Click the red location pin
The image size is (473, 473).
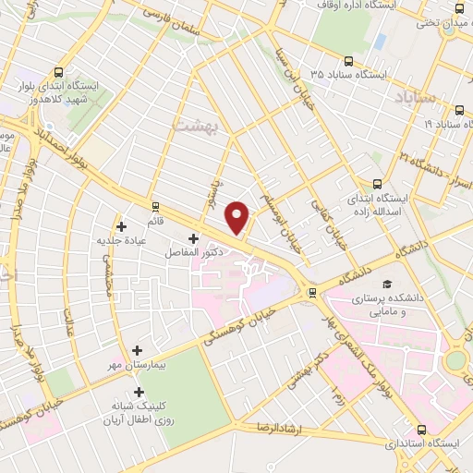(238, 218)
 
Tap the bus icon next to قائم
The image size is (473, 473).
(154, 207)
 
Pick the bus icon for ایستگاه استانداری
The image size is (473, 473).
(422, 430)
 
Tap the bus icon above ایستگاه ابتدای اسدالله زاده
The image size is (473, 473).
(376, 183)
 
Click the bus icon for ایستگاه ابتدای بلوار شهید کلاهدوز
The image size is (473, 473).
(61, 72)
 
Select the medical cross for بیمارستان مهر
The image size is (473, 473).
(138, 350)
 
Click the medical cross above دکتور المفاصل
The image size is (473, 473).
(192, 238)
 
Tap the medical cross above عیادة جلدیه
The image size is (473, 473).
(122, 225)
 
